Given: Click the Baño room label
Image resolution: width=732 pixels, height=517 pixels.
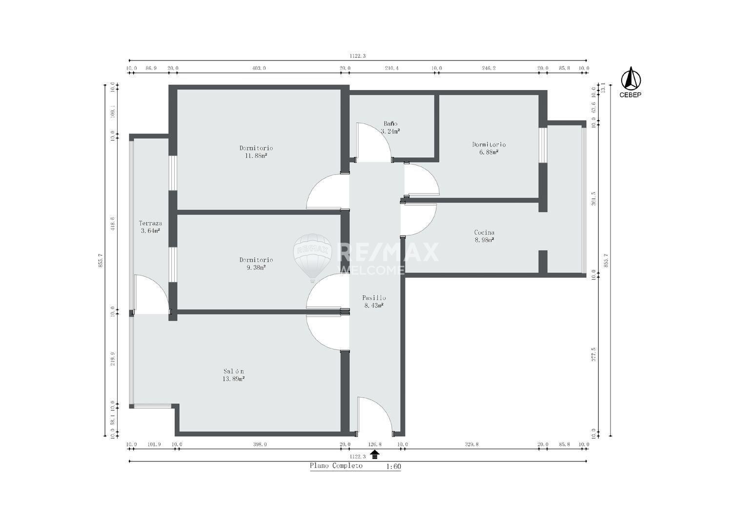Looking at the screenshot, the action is point(390,124).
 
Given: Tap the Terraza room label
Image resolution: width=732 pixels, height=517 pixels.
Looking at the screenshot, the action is point(150,223).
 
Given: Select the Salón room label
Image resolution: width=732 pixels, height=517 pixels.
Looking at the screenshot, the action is point(234,371).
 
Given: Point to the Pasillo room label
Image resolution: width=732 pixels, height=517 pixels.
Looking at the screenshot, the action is point(374,298).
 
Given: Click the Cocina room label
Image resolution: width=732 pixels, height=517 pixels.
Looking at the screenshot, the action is point(484,232).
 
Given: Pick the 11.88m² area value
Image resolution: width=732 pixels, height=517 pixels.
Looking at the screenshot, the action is point(256,156).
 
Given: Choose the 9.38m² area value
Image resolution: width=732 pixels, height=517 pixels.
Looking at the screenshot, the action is point(256,268).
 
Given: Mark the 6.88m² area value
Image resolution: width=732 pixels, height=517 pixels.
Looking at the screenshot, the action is point(489,152).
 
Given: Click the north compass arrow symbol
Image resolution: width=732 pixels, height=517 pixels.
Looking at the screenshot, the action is point(630,78).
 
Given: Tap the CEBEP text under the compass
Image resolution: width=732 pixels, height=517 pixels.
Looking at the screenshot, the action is point(630,95).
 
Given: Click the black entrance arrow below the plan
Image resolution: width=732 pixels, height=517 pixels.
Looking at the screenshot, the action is point(375,454).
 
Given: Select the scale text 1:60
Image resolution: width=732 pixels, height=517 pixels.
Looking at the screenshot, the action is point(393,466).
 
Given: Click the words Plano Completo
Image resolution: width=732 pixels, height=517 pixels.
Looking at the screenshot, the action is point(336,466).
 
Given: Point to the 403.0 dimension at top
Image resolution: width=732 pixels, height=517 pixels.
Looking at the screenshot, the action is point(259,68).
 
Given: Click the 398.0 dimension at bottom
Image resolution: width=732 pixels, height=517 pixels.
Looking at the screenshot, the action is point(260,444).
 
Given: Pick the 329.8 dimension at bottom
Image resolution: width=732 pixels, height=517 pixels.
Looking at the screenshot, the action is point(471,444).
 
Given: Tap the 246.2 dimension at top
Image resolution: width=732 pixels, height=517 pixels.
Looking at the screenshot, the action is point(489,68).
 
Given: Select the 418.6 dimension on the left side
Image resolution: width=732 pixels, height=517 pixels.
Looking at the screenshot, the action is point(113,224).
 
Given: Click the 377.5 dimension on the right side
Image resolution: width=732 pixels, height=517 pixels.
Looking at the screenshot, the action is point(594,354).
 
